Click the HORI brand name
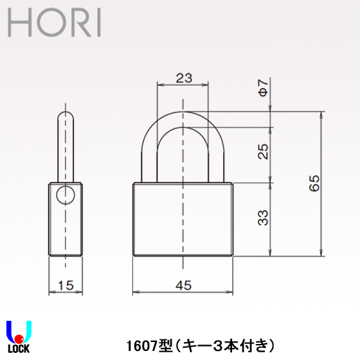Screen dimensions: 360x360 (x=54, y=22)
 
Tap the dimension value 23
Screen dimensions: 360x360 (x=183, y=78)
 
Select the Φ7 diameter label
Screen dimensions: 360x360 (x=262, y=88)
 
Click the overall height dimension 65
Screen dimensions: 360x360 (x=314, y=183)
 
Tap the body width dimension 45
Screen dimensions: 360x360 (x=183, y=287)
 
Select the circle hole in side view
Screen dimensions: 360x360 (x=65, y=195)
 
